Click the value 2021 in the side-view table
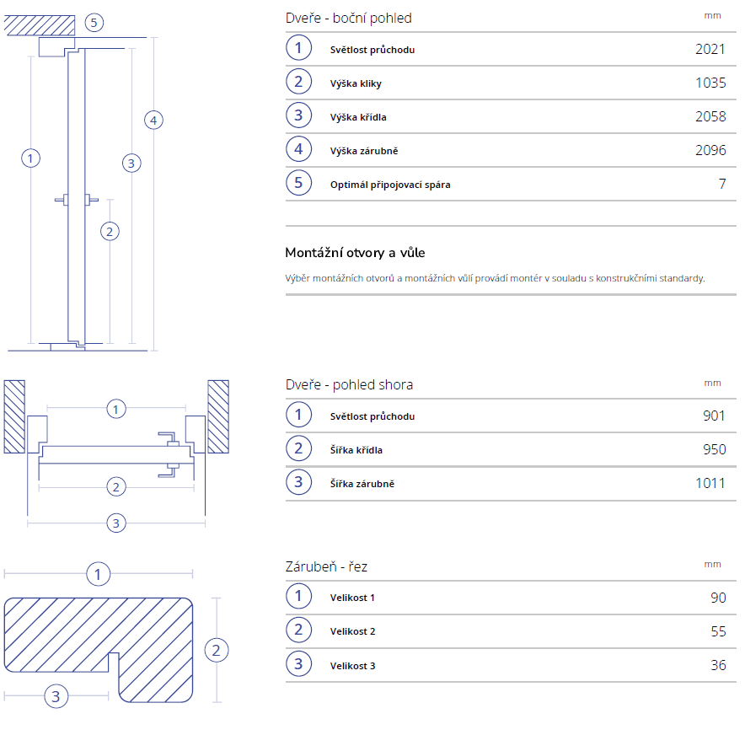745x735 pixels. point(710,49)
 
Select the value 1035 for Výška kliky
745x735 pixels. point(710,83)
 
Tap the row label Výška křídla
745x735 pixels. point(358,117)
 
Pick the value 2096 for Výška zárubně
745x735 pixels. point(710,150)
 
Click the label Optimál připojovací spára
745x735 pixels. point(390,184)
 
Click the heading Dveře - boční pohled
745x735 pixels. point(349,18)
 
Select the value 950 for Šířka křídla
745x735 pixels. point(714,449)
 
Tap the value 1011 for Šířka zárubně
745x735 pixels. point(710,483)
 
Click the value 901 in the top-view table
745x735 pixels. point(714,416)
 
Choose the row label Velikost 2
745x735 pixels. point(352,631)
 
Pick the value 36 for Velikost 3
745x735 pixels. point(718,665)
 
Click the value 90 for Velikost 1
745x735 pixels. point(718,598)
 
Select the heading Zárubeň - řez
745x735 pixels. point(326,566)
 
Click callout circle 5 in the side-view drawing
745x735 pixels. point(94,23)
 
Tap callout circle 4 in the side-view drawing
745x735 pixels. point(153,121)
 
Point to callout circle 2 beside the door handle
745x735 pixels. point(109,230)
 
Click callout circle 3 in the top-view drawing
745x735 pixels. point(116,523)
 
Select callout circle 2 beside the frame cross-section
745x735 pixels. point(217,650)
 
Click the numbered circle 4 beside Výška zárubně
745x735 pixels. point(298,150)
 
